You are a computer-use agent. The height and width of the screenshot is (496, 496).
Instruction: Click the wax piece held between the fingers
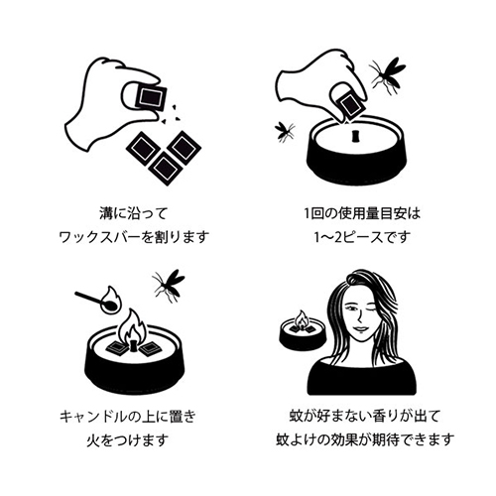point(151,97)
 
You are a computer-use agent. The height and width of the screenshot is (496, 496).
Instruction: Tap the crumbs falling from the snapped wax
point(171,114)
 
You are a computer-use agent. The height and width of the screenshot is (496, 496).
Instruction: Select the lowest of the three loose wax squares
point(166,169)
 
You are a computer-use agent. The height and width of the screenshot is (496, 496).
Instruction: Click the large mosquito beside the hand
point(387,74)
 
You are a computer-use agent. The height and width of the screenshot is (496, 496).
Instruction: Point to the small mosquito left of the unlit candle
point(285,131)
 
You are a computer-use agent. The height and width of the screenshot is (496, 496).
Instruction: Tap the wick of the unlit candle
point(355,137)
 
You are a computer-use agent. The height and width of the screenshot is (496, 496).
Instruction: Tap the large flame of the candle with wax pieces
point(133,327)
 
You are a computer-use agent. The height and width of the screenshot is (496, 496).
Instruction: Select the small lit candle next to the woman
point(303,330)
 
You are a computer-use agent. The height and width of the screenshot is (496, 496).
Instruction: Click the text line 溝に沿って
point(134,213)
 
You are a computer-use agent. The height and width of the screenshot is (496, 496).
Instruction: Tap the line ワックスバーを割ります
point(134,237)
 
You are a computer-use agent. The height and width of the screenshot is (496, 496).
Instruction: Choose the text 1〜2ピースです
point(362,237)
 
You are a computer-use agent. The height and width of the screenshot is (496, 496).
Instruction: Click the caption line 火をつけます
point(128,440)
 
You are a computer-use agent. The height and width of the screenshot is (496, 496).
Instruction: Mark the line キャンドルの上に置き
point(128,417)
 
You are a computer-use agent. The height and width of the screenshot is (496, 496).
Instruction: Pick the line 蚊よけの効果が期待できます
point(365,440)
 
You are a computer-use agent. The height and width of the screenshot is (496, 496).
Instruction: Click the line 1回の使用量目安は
point(362,213)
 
